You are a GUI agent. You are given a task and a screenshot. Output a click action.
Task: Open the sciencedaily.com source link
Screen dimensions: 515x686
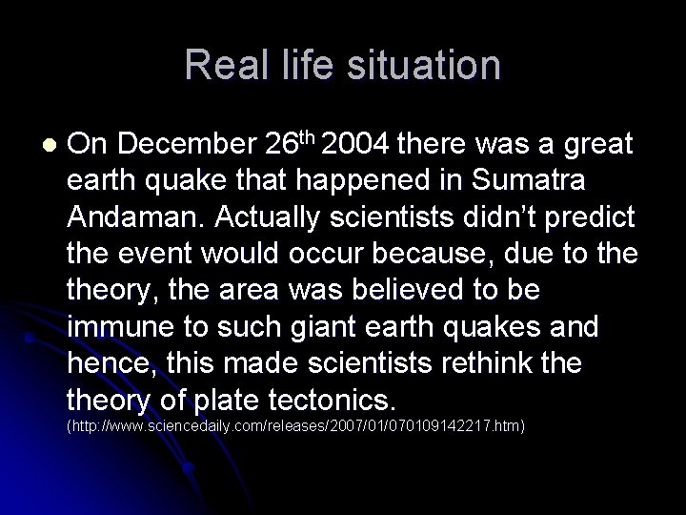pyautogui.click(x=295, y=423)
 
